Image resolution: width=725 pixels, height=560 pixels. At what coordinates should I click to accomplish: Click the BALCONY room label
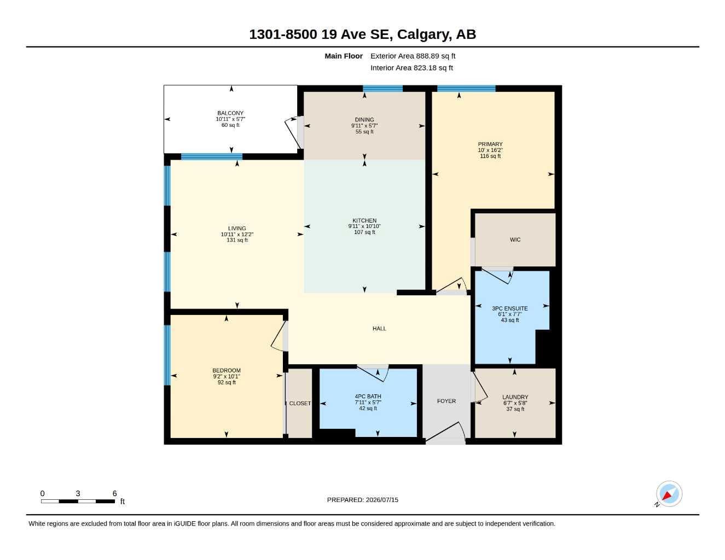(230, 113)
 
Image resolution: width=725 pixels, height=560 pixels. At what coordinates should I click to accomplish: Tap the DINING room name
(364, 120)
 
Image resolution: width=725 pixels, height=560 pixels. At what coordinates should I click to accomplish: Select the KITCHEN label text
(364, 221)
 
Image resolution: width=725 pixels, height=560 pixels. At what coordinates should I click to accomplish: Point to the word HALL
(379, 329)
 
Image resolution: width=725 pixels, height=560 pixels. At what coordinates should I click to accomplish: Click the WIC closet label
(515, 240)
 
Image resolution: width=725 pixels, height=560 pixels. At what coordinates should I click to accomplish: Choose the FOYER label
(446, 401)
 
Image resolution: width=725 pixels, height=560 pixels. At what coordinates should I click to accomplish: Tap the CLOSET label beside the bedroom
(300, 404)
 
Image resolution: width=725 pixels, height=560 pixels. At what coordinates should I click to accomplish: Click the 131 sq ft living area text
(237, 240)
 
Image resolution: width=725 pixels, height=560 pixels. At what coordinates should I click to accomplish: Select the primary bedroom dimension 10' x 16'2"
(490, 150)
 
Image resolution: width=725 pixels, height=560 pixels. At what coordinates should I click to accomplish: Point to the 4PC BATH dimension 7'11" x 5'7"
(368, 402)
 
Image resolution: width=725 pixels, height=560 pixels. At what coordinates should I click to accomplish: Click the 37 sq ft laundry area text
(515, 409)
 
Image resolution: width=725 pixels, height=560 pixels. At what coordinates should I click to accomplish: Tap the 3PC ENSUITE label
(510, 308)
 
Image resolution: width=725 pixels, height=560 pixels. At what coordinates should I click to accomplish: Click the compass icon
(669, 494)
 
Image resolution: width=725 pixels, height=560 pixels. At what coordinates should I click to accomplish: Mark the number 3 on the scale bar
(78, 493)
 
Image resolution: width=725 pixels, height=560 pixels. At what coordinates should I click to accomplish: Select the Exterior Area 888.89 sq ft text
(413, 56)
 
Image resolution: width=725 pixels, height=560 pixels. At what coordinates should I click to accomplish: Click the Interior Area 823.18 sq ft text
(411, 68)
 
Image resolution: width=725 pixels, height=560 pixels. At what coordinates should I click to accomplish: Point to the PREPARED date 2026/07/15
(382, 500)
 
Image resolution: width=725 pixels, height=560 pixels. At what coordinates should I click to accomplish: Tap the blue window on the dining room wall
(382, 89)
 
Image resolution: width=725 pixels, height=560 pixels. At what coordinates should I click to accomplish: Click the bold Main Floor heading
(344, 56)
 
